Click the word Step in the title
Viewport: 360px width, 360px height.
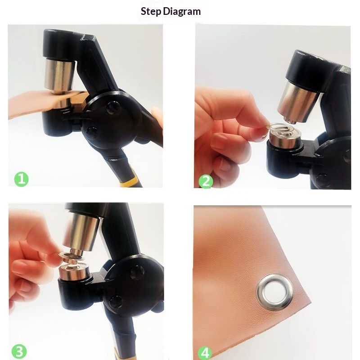(x=151, y=12)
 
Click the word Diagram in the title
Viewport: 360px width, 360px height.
(x=182, y=12)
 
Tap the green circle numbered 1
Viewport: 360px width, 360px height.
(x=21, y=179)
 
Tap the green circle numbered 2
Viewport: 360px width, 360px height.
(x=206, y=181)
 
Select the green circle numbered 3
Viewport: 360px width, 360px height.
(x=19, y=351)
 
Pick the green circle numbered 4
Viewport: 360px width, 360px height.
(x=205, y=353)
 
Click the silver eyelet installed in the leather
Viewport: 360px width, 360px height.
(x=275, y=291)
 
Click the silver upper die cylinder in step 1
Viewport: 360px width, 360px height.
(x=60, y=75)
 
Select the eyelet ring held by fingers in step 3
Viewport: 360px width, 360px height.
(x=72, y=257)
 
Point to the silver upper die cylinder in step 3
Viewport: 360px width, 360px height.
(x=81, y=231)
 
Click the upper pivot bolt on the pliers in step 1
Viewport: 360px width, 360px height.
(x=114, y=108)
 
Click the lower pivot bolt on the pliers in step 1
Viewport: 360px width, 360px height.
(x=92, y=133)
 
